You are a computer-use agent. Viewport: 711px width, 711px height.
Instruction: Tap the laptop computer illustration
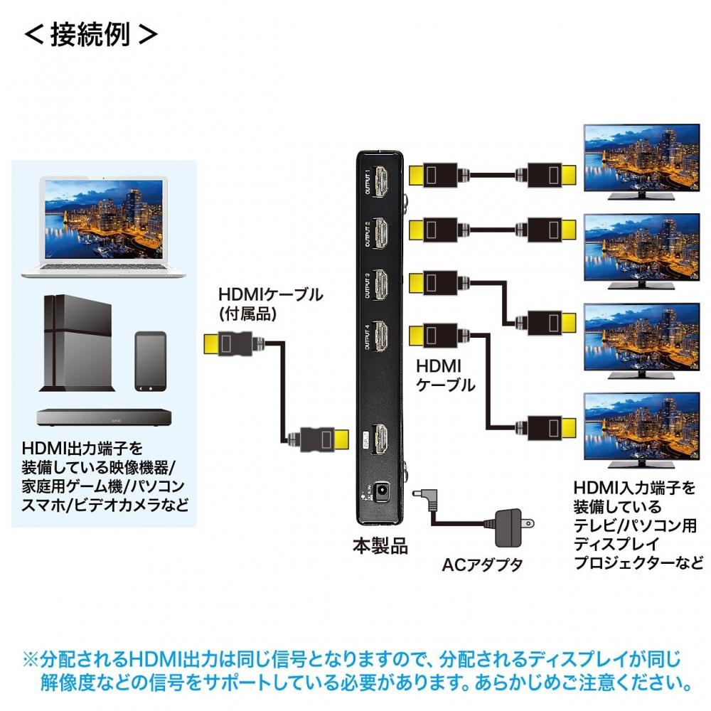[x=104, y=228]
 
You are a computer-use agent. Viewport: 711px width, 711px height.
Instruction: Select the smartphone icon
[x=150, y=360]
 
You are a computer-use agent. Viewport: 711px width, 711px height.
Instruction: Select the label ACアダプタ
[x=481, y=565]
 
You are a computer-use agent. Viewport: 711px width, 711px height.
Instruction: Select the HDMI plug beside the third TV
[x=547, y=321]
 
